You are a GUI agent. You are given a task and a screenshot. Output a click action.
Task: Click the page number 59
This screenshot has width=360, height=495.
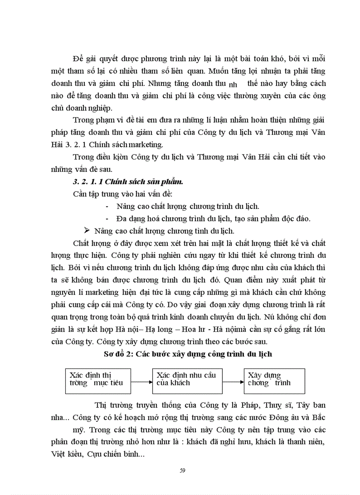[x=182, y=470]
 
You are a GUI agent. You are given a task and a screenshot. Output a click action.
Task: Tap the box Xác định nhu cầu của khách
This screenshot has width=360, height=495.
[x=187, y=381]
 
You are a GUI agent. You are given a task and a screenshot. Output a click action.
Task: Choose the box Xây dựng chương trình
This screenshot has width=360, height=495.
[x=274, y=381]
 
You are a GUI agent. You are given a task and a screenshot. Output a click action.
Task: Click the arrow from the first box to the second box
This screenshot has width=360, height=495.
[x=142, y=382]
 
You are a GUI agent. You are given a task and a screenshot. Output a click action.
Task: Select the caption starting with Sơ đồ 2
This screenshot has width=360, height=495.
[x=182, y=354]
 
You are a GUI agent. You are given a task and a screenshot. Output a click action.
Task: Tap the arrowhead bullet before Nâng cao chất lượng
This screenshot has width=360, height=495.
[x=86, y=230]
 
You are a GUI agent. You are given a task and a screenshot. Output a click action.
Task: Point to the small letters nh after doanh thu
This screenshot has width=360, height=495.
[x=233, y=85]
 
